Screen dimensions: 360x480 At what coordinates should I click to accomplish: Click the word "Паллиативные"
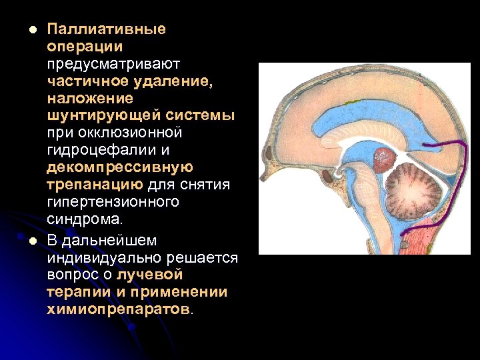(107, 29)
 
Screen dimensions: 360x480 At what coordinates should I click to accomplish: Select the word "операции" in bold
(85, 47)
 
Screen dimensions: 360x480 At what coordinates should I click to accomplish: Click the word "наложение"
(90, 99)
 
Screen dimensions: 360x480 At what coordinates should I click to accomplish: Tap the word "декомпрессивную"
(120, 167)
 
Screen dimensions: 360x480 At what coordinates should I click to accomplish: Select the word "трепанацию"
(95, 185)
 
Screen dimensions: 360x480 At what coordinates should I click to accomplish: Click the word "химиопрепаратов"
(118, 309)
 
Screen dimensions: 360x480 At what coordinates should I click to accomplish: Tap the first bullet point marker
(25, 30)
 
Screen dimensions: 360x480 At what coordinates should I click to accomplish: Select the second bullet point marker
(25, 241)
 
